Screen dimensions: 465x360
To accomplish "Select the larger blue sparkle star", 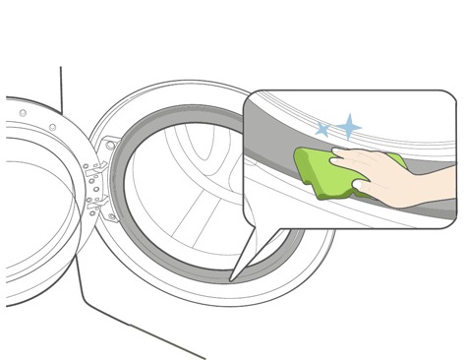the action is pyautogui.click(x=348, y=126).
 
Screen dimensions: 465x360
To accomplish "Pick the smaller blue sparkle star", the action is pyautogui.click(x=321, y=129).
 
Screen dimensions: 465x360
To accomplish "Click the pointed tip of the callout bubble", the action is pyautogui.click(x=232, y=277).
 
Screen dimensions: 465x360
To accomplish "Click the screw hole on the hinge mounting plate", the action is pyautogui.click(x=110, y=147).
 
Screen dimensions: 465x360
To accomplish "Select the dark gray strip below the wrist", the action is pyautogui.click(x=433, y=210).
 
